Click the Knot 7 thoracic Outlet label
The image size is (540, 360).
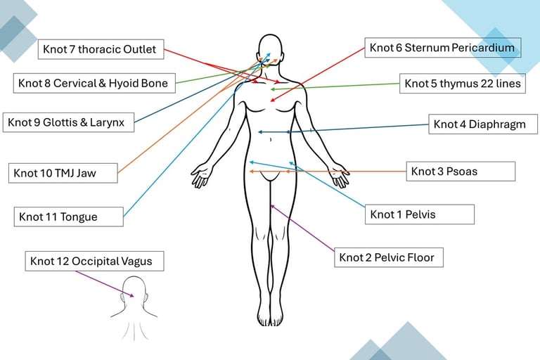click(101, 49)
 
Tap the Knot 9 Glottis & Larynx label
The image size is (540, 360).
click(66, 122)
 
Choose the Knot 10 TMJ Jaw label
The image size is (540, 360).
click(64, 173)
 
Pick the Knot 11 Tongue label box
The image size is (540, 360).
click(69, 217)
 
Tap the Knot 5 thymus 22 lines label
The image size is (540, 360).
click(463, 84)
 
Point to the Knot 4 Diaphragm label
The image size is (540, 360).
click(483, 124)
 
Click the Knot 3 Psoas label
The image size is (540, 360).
click(461, 171)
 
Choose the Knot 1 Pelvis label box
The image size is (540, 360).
click(419, 214)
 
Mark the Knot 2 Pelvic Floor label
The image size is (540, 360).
click(389, 257)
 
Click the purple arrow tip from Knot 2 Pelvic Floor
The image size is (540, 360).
click(272, 205)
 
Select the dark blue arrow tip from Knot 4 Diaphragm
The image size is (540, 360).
click(260, 131)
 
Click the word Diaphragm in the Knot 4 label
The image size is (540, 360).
click(499, 124)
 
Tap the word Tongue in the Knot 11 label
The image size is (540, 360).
click(82, 217)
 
